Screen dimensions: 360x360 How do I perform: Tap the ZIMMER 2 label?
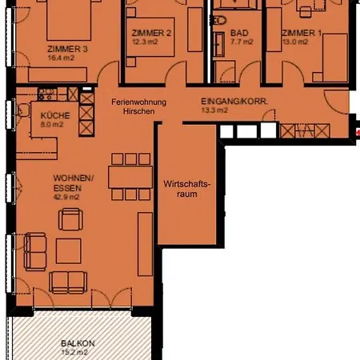pyautogui.click(x=151, y=33)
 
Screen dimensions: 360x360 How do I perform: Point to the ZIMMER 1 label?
pyautogui.click(x=302, y=33)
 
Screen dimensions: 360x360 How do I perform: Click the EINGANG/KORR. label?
pyautogui.click(x=233, y=102)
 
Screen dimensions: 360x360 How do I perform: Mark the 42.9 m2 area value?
pyautogui.click(x=66, y=196)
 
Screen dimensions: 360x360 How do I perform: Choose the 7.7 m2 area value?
pyautogui.click(x=241, y=41)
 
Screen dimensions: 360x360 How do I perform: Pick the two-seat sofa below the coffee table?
pyautogui.click(x=70, y=280)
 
